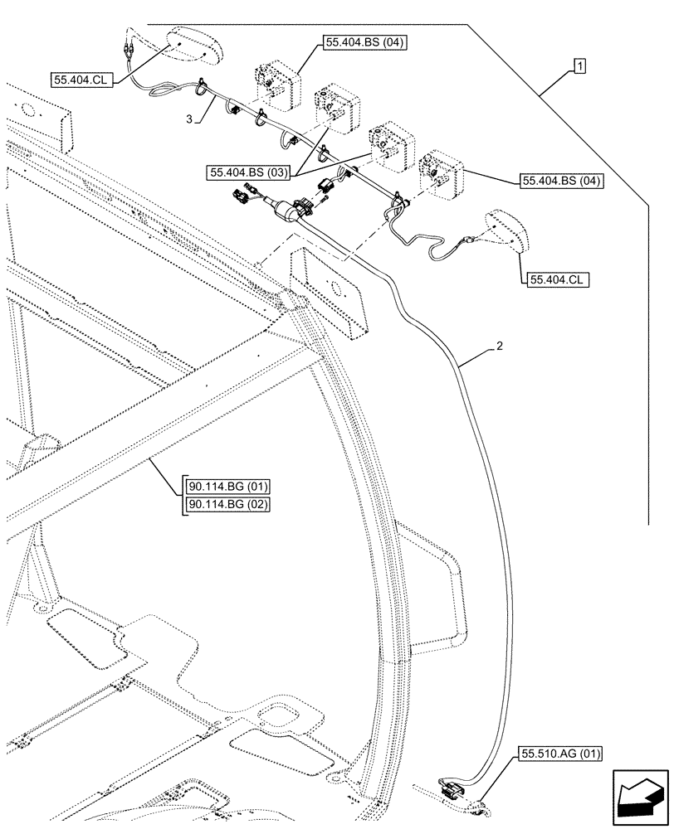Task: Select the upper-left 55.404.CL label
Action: (81, 80)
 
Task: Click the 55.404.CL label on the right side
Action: (554, 280)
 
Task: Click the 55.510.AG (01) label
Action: (561, 754)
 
